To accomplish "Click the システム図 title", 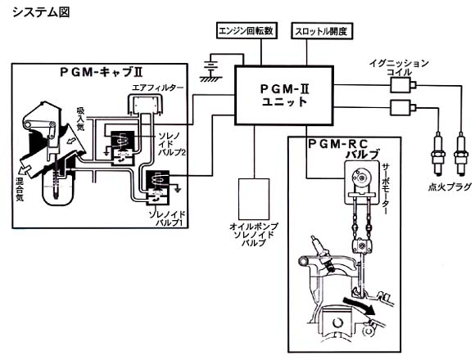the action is point(41,12).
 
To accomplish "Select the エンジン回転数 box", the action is point(247,31).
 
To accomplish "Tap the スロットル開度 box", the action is point(322,31).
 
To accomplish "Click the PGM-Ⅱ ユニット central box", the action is point(284,95).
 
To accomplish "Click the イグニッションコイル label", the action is point(400,68).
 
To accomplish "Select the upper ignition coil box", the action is point(400,85).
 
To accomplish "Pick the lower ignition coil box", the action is point(400,107).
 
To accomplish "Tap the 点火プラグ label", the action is point(450,187).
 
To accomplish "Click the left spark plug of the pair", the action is point(438,154).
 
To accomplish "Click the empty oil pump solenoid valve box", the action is point(254,199).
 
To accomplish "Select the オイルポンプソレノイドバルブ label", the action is point(254,235).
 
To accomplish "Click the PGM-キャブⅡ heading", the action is point(102,72).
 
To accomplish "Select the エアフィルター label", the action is point(158,88).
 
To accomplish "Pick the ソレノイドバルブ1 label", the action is point(167,218).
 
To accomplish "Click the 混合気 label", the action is point(20,189).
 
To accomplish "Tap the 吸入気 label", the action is point(80,119).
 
